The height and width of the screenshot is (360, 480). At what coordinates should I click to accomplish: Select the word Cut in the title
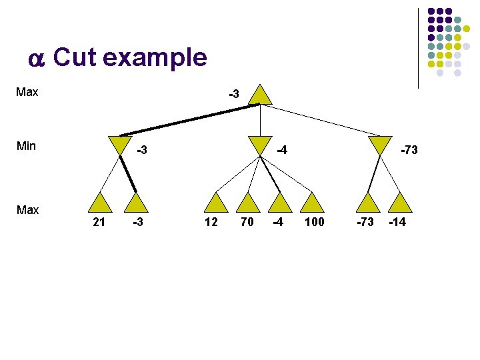[75, 58]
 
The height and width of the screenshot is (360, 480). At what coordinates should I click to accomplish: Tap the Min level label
[26, 146]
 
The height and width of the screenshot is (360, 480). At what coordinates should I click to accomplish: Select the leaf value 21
[99, 222]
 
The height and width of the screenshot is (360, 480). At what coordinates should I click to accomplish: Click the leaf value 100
[314, 222]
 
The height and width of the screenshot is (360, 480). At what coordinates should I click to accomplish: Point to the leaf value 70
[247, 222]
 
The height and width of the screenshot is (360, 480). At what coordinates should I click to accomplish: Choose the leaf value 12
[211, 222]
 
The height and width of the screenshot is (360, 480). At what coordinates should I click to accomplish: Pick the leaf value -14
[397, 222]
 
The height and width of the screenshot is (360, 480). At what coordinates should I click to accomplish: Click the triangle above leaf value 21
[100, 203]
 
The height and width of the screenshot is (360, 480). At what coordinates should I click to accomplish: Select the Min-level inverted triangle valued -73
[380, 145]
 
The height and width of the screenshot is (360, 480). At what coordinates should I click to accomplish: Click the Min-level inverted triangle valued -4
[260, 145]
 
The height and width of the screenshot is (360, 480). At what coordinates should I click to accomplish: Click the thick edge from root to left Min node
[187, 120]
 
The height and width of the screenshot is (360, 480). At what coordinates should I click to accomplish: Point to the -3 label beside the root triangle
[233, 95]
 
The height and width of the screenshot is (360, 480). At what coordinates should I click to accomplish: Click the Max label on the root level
[27, 92]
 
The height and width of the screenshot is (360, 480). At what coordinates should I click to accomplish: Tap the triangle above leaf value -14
[401, 203]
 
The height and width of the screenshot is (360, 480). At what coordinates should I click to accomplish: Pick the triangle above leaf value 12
[215, 203]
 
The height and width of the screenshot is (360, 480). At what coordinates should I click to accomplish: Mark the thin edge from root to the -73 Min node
[320, 120]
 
